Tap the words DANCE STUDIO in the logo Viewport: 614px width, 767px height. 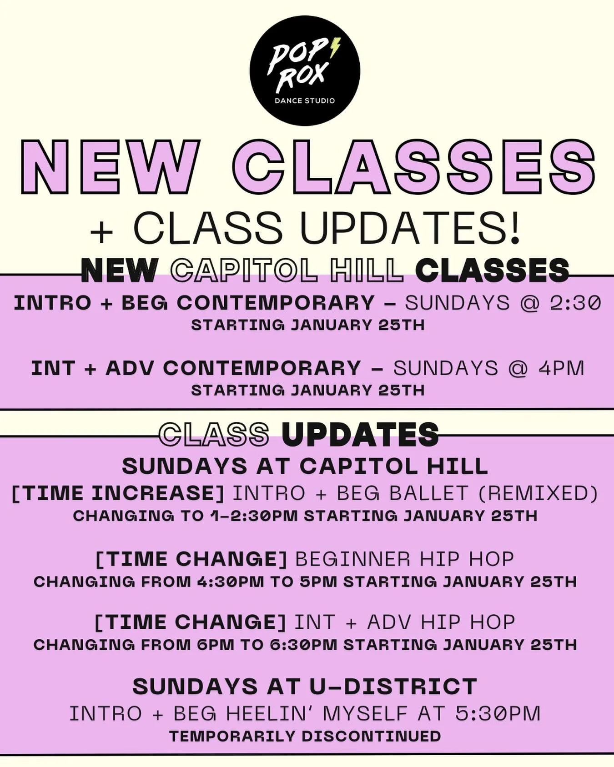305,100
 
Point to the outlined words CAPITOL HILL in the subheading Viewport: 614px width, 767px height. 287,270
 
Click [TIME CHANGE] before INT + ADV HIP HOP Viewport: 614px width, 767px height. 190,622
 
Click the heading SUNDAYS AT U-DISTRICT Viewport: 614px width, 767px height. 305,687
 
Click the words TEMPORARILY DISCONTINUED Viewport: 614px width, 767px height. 305,736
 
